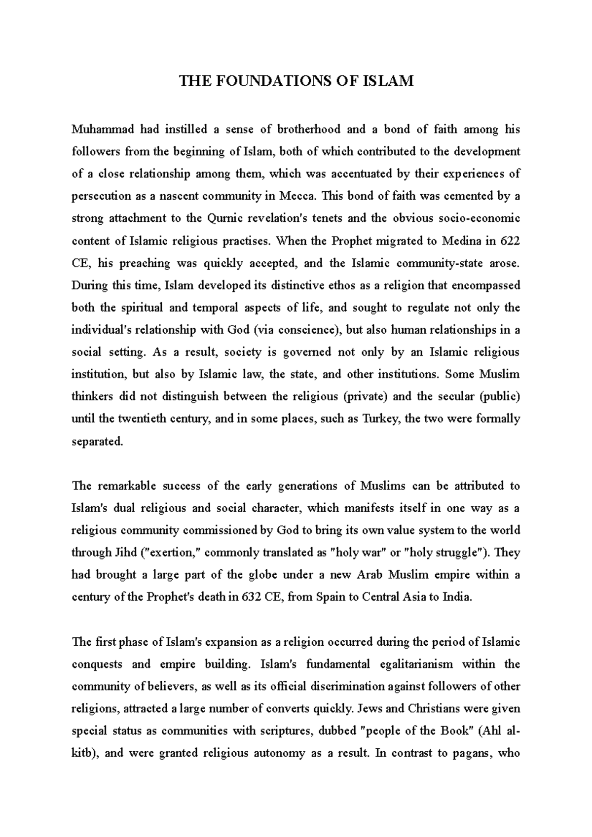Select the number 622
[x=510, y=241]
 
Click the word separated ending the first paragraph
[x=96, y=441]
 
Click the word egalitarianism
[x=416, y=664]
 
